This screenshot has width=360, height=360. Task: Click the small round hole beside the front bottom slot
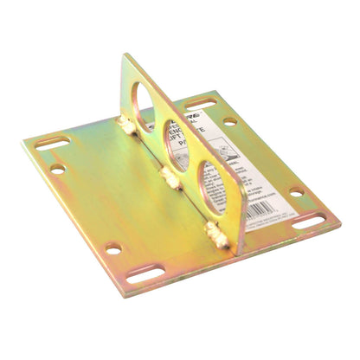point(113,248)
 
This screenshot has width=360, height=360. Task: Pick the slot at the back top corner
point(201,101)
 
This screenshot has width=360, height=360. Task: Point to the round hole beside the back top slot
point(228,120)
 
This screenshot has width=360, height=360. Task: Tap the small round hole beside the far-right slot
point(296,191)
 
